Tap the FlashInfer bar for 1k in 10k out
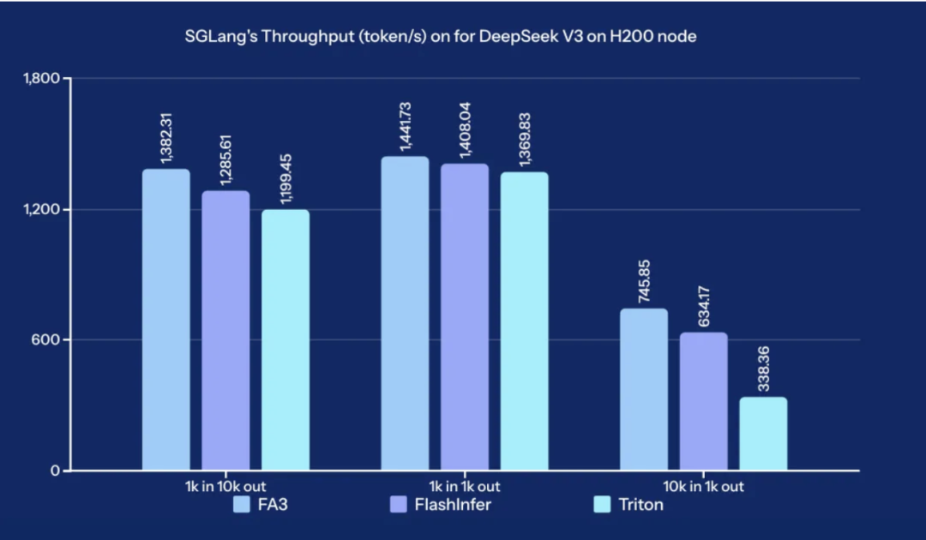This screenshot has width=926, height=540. point(225,331)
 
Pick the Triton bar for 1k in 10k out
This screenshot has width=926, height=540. point(286,340)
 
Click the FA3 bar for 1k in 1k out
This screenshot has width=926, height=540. point(405,314)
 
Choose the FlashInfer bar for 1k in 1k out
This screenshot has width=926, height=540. point(465,317)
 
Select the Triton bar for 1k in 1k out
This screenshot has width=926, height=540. point(524,321)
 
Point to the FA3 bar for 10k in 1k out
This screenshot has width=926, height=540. point(643,390)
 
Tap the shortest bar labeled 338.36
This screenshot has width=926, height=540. point(763,434)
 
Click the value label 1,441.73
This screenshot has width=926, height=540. point(406,125)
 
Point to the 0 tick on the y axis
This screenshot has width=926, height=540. point(54,471)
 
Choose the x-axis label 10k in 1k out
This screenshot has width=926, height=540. point(703,486)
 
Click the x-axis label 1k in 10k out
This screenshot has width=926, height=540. point(225,486)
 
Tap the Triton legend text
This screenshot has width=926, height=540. point(640,504)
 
